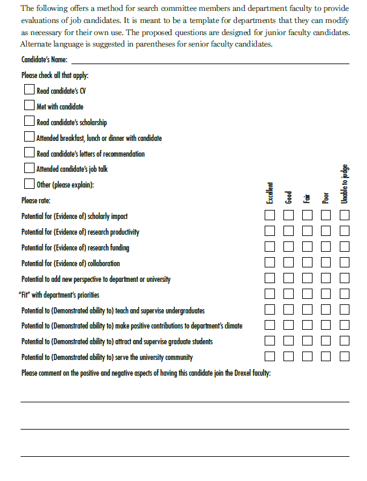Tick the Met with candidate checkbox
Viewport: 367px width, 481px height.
click(30, 106)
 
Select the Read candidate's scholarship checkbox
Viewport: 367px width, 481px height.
click(30, 122)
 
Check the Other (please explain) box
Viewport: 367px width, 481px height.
click(30, 184)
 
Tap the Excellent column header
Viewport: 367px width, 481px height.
click(270, 193)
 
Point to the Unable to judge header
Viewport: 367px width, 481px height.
click(344, 184)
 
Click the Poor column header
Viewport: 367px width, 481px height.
click(326, 198)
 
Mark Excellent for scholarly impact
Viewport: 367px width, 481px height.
click(270, 215)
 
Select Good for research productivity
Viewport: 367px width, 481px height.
click(289, 231)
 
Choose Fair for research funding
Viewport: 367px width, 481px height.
click(308, 247)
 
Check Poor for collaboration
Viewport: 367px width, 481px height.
click(326, 263)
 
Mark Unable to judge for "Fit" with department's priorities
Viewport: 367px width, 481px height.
click(345, 294)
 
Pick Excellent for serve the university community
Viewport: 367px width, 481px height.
click(270, 356)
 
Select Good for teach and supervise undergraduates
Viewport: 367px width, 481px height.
click(289, 310)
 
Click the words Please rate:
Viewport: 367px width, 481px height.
click(36, 200)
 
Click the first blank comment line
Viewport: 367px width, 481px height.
click(185, 401)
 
